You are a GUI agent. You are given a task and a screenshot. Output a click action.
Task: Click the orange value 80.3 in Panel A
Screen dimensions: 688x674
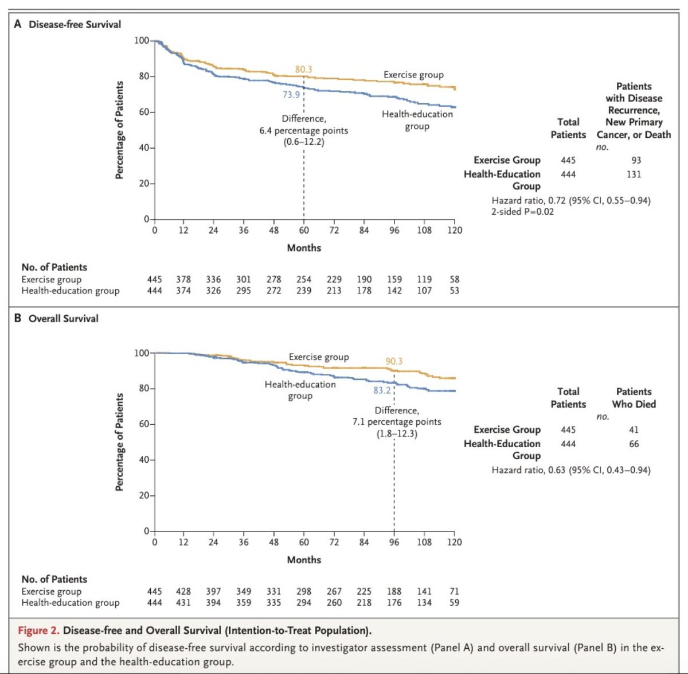(x=304, y=69)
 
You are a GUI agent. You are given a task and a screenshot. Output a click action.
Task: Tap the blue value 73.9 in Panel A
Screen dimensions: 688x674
(x=291, y=95)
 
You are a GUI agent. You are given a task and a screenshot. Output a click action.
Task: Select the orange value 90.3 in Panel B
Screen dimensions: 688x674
(x=394, y=361)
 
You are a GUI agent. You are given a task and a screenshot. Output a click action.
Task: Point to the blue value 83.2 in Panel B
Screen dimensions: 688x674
(x=382, y=390)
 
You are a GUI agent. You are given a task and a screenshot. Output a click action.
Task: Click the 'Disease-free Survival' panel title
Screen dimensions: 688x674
(x=75, y=25)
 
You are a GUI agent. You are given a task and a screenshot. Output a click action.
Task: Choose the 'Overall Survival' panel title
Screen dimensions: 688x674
(x=64, y=319)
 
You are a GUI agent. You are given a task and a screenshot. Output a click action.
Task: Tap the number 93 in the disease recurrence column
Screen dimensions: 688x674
(x=636, y=160)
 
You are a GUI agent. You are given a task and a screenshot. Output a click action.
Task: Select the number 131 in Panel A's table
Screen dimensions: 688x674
(x=634, y=174)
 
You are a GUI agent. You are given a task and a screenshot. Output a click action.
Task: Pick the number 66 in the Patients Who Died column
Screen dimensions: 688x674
(x=634, y=444)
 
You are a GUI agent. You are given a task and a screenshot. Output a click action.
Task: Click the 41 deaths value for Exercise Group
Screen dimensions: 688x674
(x=634, y=430)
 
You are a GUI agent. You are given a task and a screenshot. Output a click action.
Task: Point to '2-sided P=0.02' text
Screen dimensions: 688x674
(x=522, y=212)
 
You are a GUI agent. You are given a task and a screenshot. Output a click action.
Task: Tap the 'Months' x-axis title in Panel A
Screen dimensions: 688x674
(x=304, y=248)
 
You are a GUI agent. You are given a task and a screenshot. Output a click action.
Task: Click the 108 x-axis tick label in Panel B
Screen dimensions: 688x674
(x=424, y=543)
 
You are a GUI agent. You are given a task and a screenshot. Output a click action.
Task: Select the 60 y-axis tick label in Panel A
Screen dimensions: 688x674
(x=144, y=112)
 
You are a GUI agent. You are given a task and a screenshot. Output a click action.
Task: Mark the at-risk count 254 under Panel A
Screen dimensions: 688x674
(x=304, y=279)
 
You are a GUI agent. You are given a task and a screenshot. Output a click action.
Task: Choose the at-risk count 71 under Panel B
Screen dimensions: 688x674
(x=454, y=591)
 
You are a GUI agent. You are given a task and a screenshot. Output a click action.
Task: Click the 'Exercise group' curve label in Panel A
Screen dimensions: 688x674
(x=413, y=75)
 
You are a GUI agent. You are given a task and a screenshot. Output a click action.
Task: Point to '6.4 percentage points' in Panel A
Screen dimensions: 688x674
(x=304, y=131)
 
